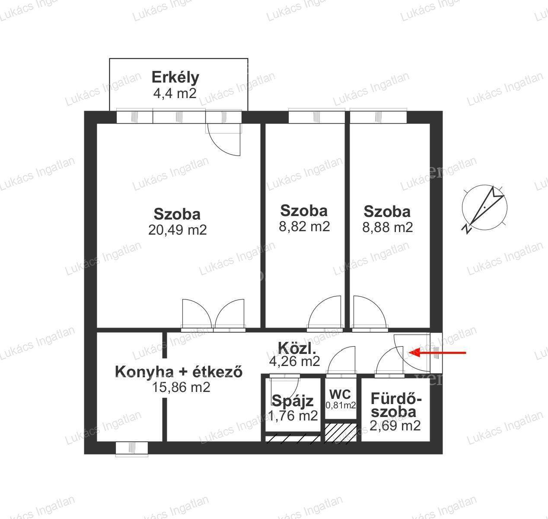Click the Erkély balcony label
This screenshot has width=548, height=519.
(x=175, y=78)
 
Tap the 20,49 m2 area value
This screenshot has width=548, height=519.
(x=177, y=230)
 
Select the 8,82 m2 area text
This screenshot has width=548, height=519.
(x=304, y=226)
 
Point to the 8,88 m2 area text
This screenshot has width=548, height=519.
(x=388, y=227)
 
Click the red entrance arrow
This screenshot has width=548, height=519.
(x=437, y=353)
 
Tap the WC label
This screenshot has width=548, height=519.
(x=340, y=395)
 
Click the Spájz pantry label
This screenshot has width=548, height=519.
(x=293, y=401)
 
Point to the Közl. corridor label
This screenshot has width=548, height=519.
(x=297, y=348)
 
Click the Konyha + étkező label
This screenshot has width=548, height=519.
(x=178, y=372)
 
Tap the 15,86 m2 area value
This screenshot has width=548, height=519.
(x=181, y=387)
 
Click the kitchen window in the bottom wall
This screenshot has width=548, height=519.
(x=131, y=448)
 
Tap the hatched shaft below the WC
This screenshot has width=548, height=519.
(x=341, y=432)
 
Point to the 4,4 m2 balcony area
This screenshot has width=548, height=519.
(x=175, y=93)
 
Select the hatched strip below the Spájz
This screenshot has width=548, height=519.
(x=293, y=439)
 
